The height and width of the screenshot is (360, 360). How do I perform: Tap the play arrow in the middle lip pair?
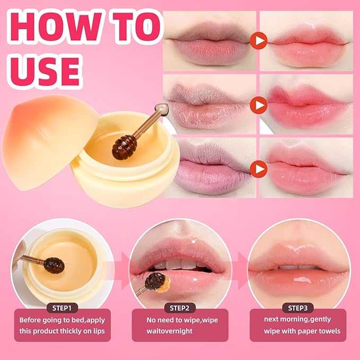tap(258, 105)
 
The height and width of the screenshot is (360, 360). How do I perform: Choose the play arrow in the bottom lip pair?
tap(258, 169)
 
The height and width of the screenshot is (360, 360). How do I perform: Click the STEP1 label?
tap(63, 308)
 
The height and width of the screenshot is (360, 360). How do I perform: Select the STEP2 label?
tap(181, 308)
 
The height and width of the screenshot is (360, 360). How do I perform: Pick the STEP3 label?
tap(298, 308)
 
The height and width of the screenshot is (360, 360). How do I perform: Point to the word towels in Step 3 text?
tap(329, 331)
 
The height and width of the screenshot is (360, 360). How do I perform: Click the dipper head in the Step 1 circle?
tap(53, 264)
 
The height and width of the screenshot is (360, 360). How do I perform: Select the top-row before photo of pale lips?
tap(209, 41)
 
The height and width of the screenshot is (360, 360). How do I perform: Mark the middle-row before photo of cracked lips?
tap(209, 105)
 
